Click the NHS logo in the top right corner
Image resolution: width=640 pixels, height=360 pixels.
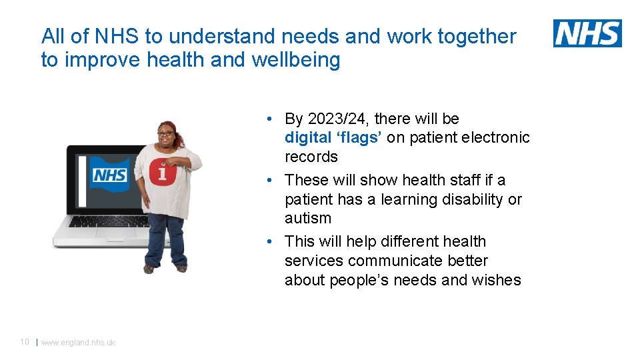(x=587, y=33)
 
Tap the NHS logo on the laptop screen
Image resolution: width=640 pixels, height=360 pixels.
(x=109, y=175)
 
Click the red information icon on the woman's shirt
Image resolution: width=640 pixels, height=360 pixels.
(x=163, y=172)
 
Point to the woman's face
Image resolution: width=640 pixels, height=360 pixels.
(x=165, y=136)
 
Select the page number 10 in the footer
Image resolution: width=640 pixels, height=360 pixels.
(x=25, y=342)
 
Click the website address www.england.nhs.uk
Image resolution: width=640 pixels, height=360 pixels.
(x=78, y=343)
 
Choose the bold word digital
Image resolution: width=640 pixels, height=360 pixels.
(x=308, y=138)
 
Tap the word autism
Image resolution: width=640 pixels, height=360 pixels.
(x=307, y=218)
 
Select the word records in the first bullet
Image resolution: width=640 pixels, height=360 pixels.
(x=311, y=157)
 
